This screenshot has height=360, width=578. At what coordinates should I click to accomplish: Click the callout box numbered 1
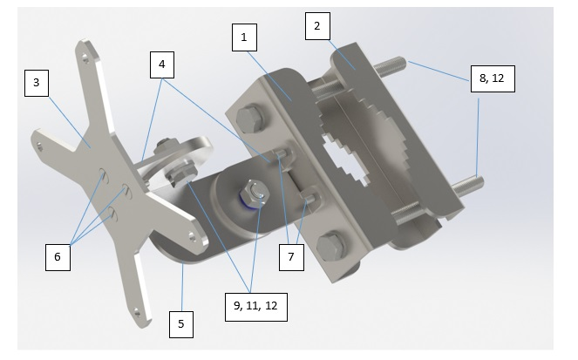pos(244,37)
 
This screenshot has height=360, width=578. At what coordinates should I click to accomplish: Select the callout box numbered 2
pos(317,26)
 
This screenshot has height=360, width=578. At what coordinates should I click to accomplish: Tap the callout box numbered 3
pos(37,83)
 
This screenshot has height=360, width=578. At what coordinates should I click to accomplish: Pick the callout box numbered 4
pos(162,65)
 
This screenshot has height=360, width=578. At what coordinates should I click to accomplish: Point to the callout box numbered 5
pos(181,324)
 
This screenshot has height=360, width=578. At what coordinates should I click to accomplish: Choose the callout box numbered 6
pos(58,257)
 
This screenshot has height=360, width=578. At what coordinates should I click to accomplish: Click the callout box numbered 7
pos(291,257)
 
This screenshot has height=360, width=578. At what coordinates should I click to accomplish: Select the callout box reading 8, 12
pos(493,78)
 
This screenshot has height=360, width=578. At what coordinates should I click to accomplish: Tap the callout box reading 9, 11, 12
pos(255,307)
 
